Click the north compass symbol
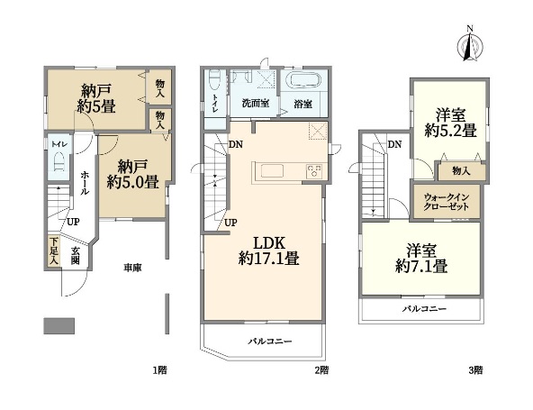coord(470,45)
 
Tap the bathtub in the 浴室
coord(303,80)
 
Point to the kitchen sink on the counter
coord(272,170)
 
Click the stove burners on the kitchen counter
coord(313,171)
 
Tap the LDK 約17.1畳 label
coord(268,251)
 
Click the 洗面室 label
coord(256,103)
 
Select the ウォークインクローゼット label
coord(446,202)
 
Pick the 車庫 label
coord(132,269)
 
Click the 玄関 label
coord(75,256)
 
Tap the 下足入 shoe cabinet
coord(54,251)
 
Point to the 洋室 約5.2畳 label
coord(451,123)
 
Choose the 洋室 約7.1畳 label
coord(421,259)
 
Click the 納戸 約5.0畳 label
coord(132,175)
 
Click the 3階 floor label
coord(475,369)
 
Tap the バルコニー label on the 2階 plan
coord(269,341)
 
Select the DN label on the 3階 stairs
coord(394,144)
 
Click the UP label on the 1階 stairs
coord(73,223)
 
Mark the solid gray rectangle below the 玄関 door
coord(59,325)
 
